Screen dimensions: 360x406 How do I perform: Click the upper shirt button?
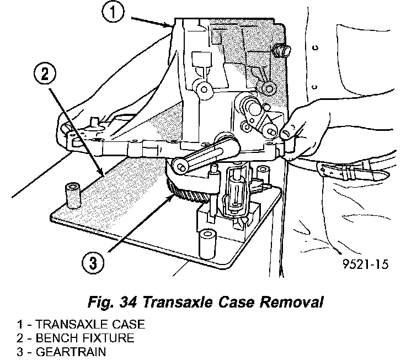(x=315, y=48)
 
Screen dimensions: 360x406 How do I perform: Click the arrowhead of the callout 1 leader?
(x=173, y=25)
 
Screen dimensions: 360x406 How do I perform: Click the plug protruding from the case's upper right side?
(x=285, y=50)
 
